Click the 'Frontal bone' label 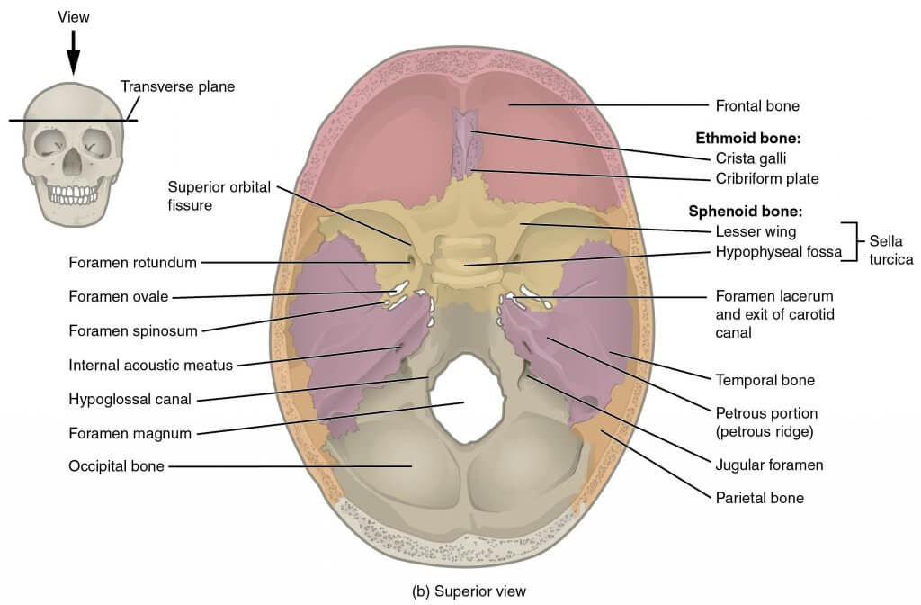(x=757, y=106)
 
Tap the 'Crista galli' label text (x=751, y=158)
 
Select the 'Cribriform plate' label (x=766, y=179)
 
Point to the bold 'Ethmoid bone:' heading (x=748, y=138)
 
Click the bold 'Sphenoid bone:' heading (x=745, y=211)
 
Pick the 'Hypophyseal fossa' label (x=778, y=252)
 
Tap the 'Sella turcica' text (x=890, y=250)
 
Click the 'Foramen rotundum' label (x=133, y=262)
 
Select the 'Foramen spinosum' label (x=133, y=331)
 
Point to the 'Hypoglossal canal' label (x=130, y=399)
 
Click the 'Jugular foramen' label (x=769, y=465)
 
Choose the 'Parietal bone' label (x=759, y=498)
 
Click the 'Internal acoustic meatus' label (x=151, y=366)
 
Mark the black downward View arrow (x=74, y=52)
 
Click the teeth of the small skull (x=73, y=194)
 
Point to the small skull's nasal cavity (x=72, y=160)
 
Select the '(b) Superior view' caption (x=469, y=591)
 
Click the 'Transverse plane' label (x=177, y=87)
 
